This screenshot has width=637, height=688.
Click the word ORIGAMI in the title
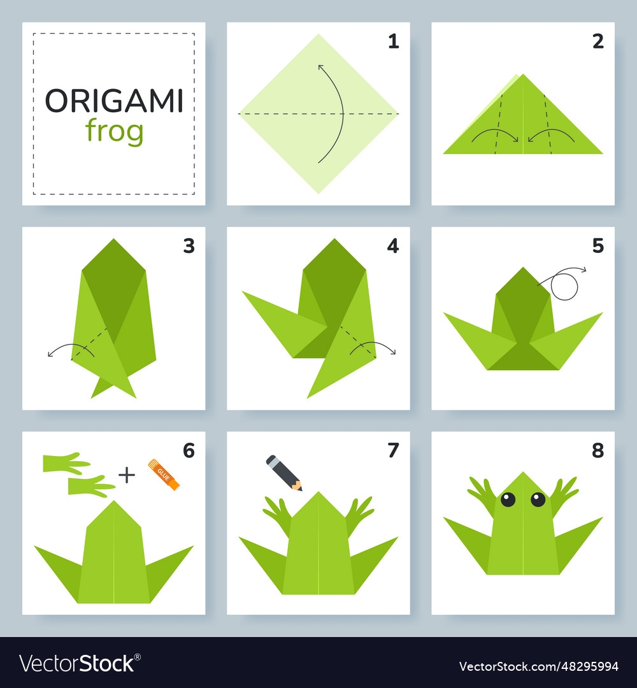pyautogui.click(x=114, y=101)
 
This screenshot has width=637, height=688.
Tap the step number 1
pyautogui.click(x=394, y=41)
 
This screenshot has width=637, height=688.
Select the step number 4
pyautogui.click(x=393, y=246)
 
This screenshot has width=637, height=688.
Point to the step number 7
pyautogui.click(x=393, y=450)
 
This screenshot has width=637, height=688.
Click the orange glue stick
pyautogui.click(x=164, y=475)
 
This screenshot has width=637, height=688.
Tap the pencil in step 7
pyautogui.click(x=284, y=473)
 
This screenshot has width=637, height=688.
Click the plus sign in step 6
pyautogui.click(x=127, y=475)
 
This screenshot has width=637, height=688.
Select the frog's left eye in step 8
pyautogui.click(x=508, y=499)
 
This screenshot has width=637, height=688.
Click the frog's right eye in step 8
pyautogui.click(x=538, y=499)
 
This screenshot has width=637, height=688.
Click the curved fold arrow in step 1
pyautogui.click(x=342, y=113)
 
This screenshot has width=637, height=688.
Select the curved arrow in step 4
pyautogui.click(x=373, y=343)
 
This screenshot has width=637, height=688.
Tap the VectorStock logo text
pyautogui.click(x=80, y=663)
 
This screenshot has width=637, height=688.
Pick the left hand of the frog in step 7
pyautogui.click(x=278, y=514)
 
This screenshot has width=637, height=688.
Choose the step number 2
pyautogui.click(x=598, y=41)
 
